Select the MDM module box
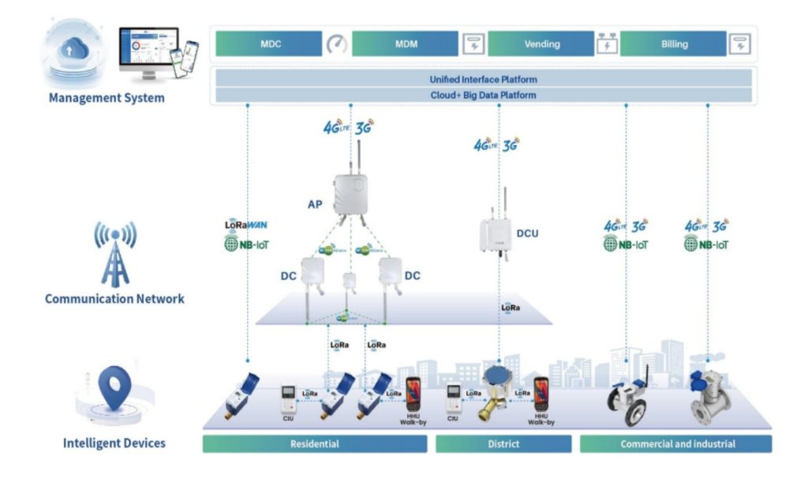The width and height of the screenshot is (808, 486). pos(405,43)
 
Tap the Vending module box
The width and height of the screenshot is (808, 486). pos(541,43)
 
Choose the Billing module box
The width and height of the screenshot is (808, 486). pos(672,43)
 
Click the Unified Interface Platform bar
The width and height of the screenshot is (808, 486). pos(483,80)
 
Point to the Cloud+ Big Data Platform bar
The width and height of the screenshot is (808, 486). pos(483,95)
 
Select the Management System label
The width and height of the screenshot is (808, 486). pos(107,99)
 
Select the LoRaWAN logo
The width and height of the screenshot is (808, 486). pos(247,225)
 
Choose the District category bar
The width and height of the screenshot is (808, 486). pos(503,444)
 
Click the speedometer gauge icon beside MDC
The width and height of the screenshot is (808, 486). pos(337,44)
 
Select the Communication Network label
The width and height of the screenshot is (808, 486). pos(114,299)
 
